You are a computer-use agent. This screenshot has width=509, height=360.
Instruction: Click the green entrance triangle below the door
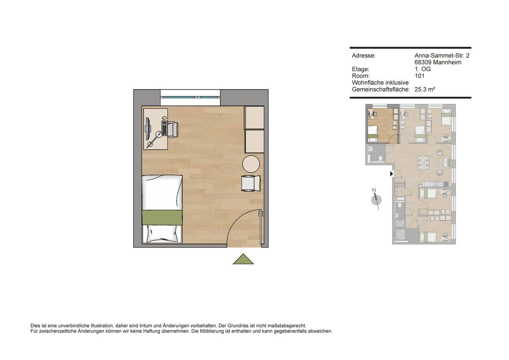coord(243,260)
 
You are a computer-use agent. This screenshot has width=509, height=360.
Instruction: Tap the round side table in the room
coord(251,164)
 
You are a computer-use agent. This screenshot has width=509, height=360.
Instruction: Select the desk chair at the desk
coord(172,129)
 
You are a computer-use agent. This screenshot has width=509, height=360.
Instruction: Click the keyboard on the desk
coord(164,129)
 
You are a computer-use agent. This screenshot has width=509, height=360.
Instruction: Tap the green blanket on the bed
coord(162,217)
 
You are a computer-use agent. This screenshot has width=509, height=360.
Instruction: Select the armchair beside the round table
coord(251,183)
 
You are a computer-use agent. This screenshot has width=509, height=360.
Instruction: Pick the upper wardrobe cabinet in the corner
coord(255,118)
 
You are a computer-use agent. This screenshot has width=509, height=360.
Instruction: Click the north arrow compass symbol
coord(376,199)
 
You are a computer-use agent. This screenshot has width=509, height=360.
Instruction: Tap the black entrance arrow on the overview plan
coord(391,174)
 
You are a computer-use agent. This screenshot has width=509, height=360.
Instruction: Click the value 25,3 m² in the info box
coord(425,89)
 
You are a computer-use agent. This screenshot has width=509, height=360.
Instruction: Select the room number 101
coord(419,76)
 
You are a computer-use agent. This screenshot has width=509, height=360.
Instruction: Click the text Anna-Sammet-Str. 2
coord(441,56)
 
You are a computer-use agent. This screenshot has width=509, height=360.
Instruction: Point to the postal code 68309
coord(423,62)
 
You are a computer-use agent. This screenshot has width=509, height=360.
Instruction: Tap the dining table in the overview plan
coord(423,162)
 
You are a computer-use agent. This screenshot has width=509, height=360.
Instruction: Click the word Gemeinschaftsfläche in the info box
coord(380,89)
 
